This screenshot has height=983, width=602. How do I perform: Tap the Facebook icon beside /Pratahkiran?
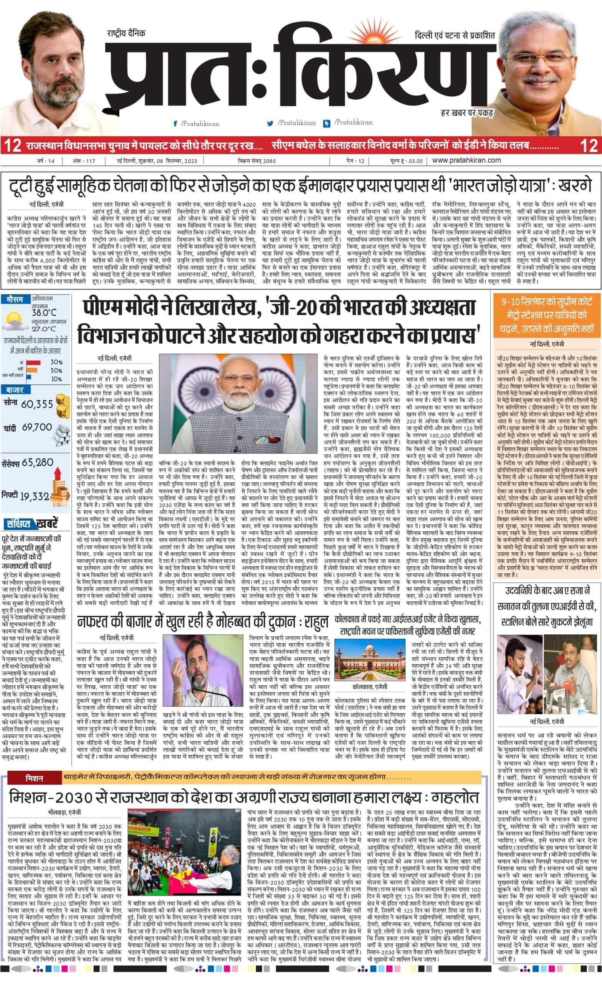click(x=175, y=124)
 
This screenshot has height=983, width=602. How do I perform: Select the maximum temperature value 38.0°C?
click(x=44, y=312)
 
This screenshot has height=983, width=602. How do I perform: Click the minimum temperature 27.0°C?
click(x=44, y=329)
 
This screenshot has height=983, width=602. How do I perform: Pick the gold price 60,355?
click(x=37, y=404)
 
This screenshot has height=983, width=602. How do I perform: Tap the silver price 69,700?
click(x=37, y=427)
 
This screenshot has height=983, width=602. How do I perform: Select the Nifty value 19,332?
click(x=34, y=497)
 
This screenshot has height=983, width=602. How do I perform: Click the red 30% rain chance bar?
click(x=33, y=362)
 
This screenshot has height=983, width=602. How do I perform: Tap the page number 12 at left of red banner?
click(x=13, y=145)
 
